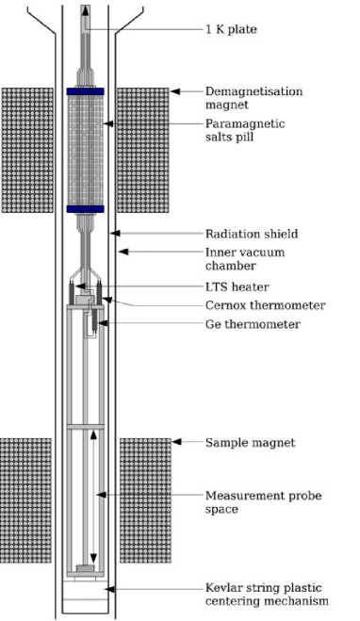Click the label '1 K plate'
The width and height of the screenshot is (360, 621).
click(231, 29)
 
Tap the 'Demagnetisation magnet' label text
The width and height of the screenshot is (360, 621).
click(249, 98)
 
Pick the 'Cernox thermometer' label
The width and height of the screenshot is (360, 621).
click(265, 304)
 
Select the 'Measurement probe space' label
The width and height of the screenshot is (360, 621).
click(249, 502)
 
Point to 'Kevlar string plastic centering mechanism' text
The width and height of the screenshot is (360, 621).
click(267, 595)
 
